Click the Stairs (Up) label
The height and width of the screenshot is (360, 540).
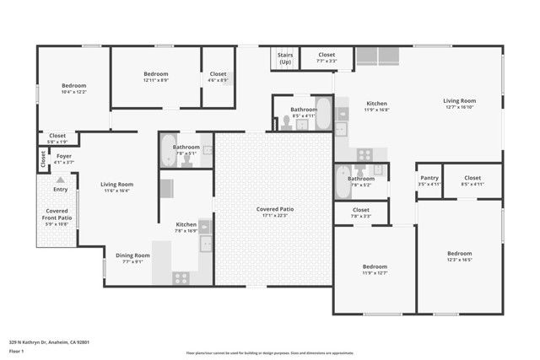coord(285,58)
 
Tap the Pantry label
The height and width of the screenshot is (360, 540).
coord(429,178)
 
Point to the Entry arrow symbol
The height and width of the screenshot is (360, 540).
coord(60,180)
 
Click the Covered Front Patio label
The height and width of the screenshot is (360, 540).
coord(57,214)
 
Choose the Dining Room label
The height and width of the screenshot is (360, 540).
coord(132,255)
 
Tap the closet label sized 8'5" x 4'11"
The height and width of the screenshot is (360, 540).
coord(472,178)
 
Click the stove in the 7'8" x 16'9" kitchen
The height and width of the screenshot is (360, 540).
coord(181,277)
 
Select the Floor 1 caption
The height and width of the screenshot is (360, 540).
coord(17,350)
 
